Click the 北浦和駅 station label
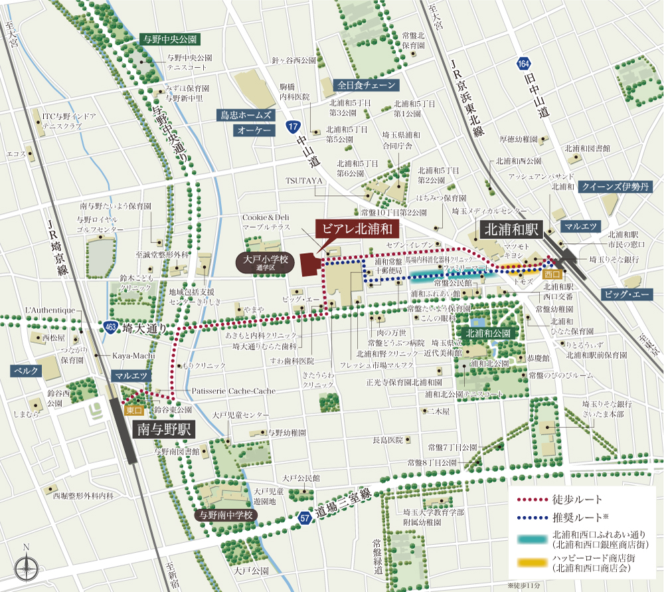[x=511, y=230]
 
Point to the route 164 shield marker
[x=524, y=64]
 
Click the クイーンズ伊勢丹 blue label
[x=614, y=187]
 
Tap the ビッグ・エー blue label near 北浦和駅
[x=627, y=294]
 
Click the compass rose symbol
[x=26, y=567]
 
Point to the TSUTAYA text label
[x=303, y=180]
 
